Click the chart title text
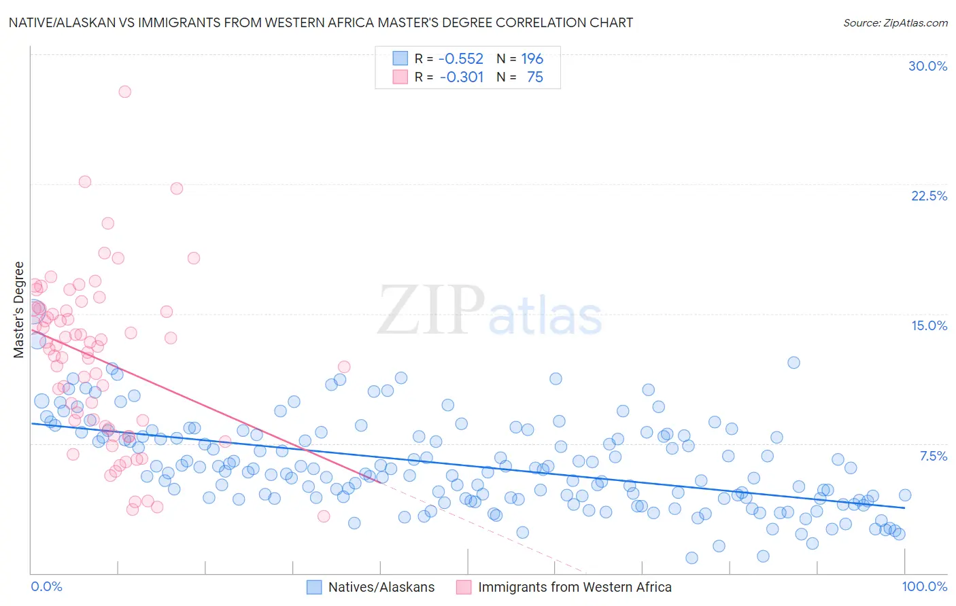point(320,23)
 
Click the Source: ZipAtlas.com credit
point(895,23)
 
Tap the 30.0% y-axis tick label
point(927,66)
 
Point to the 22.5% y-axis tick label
point(929,196)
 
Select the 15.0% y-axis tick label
point(929,325)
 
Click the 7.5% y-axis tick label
point(933,456)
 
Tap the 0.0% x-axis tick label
point(46,587)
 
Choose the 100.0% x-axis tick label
point(924,587)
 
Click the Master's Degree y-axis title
point(19,310)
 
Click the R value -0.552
point(460,59)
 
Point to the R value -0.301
point(461,77)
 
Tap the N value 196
point(532,59)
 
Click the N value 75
point(534,77)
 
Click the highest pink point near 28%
point(124,92)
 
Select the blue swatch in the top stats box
point(400,58)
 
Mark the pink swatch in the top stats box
point(400,77)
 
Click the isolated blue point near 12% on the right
point(793,363)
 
